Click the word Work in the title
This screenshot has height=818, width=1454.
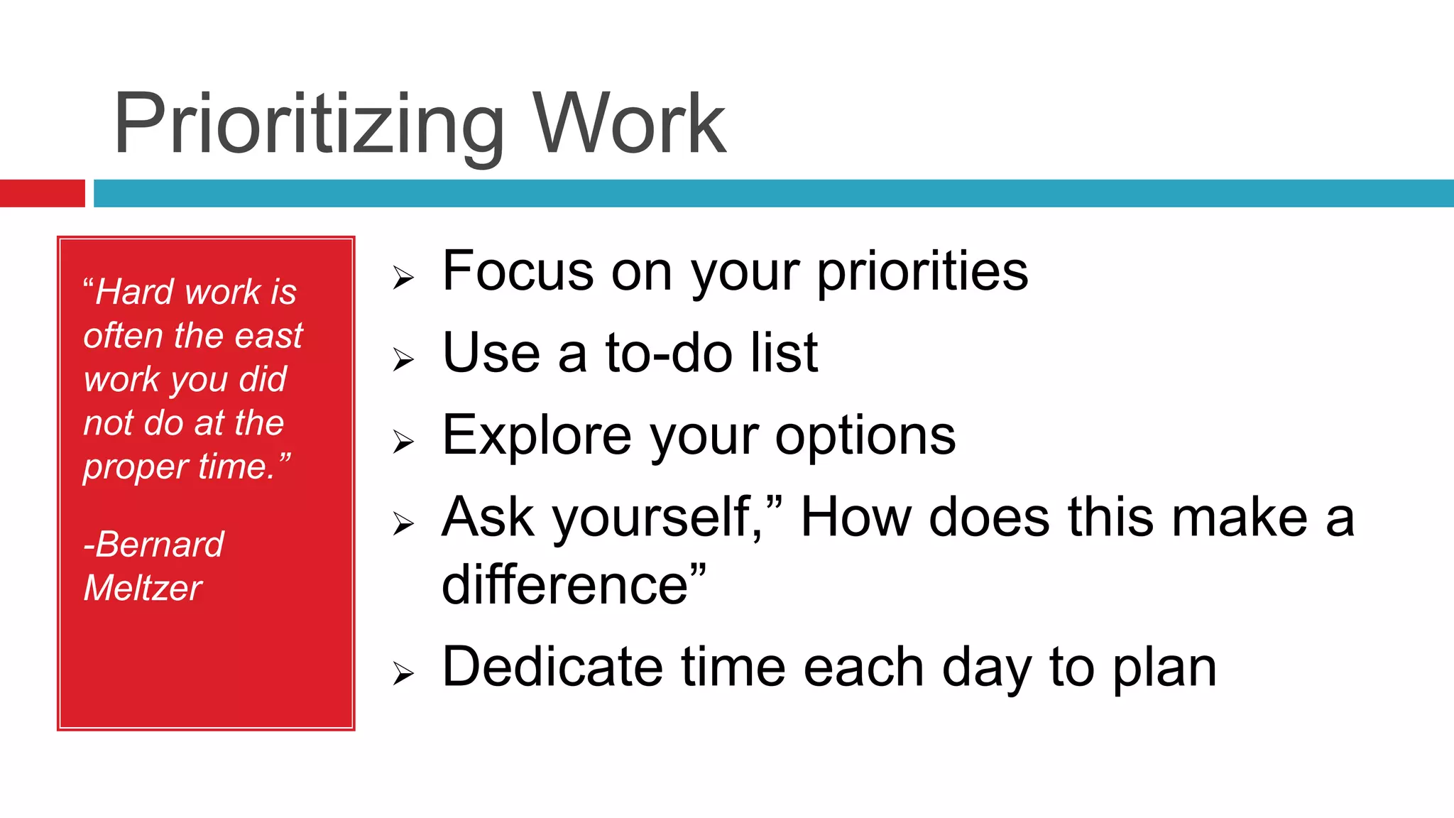[629, 124]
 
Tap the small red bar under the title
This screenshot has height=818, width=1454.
[42, 193]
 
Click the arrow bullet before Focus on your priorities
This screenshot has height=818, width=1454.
[403, 278]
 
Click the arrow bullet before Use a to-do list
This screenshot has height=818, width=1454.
[403, 359]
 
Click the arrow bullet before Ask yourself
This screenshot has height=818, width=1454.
[403, 524]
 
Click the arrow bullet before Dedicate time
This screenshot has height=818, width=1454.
[403, 673]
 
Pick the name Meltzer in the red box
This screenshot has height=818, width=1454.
[143, 588]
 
